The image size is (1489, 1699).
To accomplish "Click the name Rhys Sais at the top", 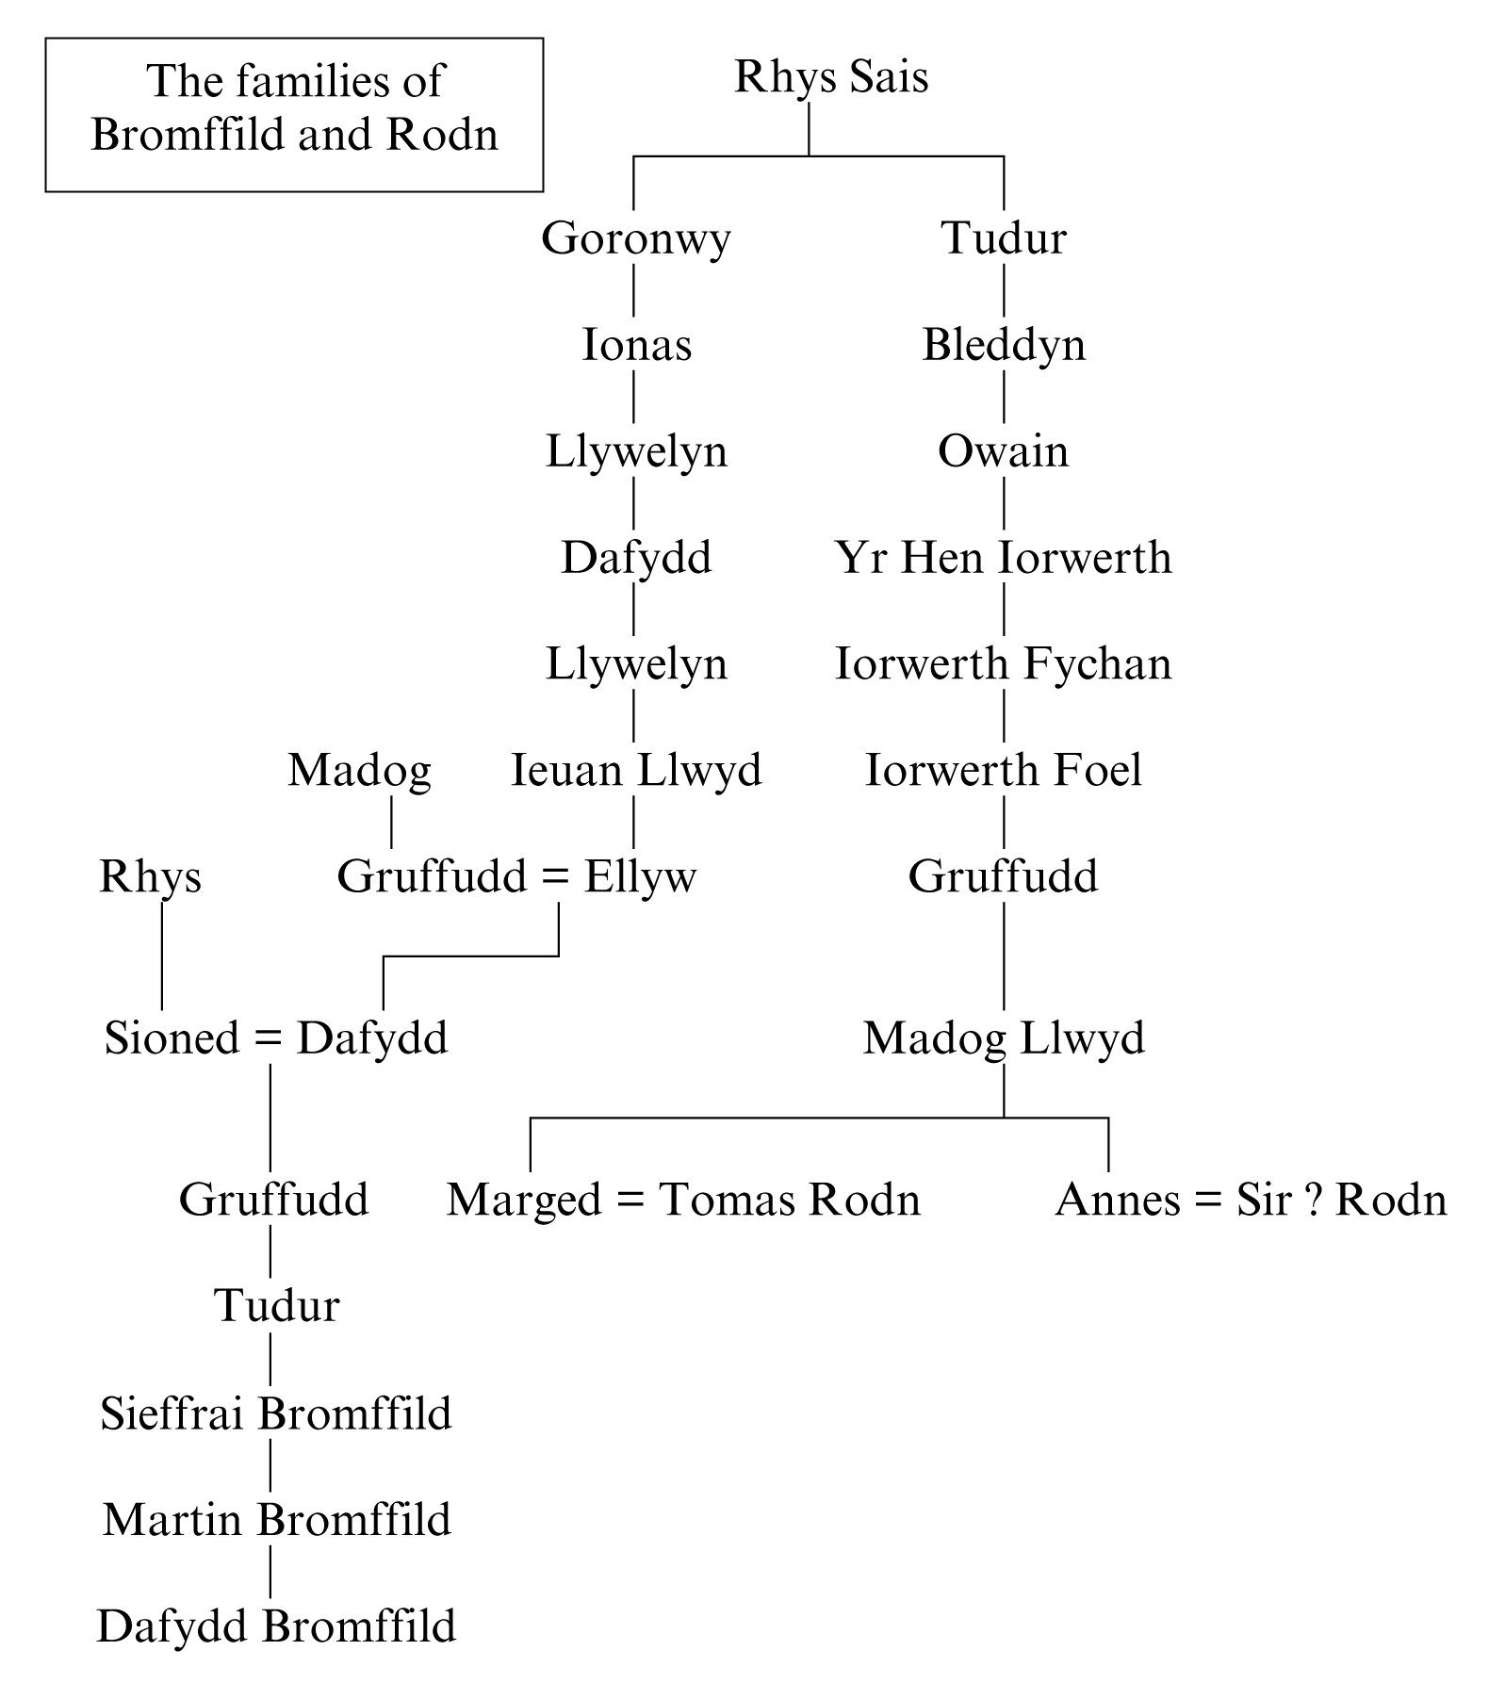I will (830, 77).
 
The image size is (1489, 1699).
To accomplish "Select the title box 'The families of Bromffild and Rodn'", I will (294, 114).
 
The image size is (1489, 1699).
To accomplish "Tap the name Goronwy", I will (635, 237).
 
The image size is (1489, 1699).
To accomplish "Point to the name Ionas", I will (636, 345).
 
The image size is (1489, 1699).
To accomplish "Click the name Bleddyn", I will (1003, 345).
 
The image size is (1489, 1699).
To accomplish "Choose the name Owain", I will (1003, 451).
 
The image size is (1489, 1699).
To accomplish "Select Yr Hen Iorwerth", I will (1003, 558).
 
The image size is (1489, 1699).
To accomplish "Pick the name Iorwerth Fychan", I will (1003, 664).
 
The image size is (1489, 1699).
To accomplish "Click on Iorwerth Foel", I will (1003, 771).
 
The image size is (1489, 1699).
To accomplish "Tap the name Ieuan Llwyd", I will (636, 771).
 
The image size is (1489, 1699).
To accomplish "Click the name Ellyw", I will (640, 877).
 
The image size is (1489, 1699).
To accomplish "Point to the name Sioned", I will (171, 1038).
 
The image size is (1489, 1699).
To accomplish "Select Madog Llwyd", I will (1003, 1038).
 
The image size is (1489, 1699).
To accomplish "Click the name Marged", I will (523, 1201).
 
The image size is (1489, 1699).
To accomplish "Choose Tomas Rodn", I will (789, 1201).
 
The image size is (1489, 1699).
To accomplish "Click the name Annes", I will (1117, 1201).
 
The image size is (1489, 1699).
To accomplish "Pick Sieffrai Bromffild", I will (275, 1414).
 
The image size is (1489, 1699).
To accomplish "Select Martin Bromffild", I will (276, 1521).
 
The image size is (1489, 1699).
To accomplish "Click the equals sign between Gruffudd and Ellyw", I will (556, 878).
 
